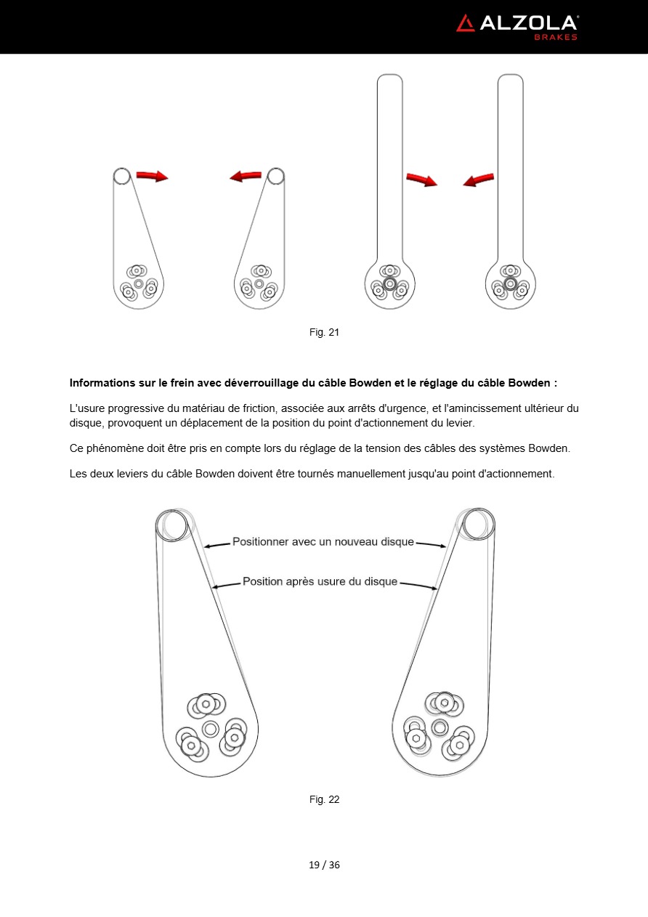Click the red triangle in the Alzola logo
(465, 23)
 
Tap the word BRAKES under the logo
(556, 37)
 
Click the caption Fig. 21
(324, 332)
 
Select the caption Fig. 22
(324, 799)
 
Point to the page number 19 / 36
(324, 865)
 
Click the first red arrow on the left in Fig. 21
(152, 176)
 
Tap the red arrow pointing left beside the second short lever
(246, 176)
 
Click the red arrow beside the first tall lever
(421, 179)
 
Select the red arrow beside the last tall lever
(479, 179)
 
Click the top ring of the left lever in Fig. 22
(174, 523)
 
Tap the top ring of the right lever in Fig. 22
(478, 523)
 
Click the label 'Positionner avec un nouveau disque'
(323, 542)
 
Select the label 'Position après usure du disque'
(320, 581)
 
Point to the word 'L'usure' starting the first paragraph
(86, 408)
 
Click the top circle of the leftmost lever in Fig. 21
(121, 175)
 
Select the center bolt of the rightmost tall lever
(510, 283)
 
